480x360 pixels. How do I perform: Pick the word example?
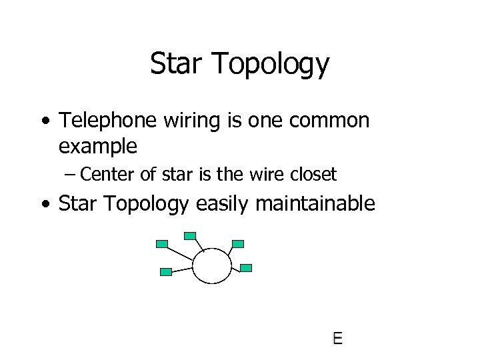point(98,146)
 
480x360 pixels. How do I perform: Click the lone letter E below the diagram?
point(337,339)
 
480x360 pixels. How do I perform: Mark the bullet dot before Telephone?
point(45,121)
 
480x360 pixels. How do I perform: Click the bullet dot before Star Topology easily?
point(45,204)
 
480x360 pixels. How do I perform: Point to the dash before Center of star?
point(71,175)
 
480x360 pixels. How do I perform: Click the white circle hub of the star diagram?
point(212,265)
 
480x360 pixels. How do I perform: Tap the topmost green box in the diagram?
point(190,235)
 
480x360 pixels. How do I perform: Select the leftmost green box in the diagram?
point(161,244)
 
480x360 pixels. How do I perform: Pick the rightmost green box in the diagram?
point(246,268)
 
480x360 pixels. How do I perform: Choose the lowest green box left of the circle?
point(167,271)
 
